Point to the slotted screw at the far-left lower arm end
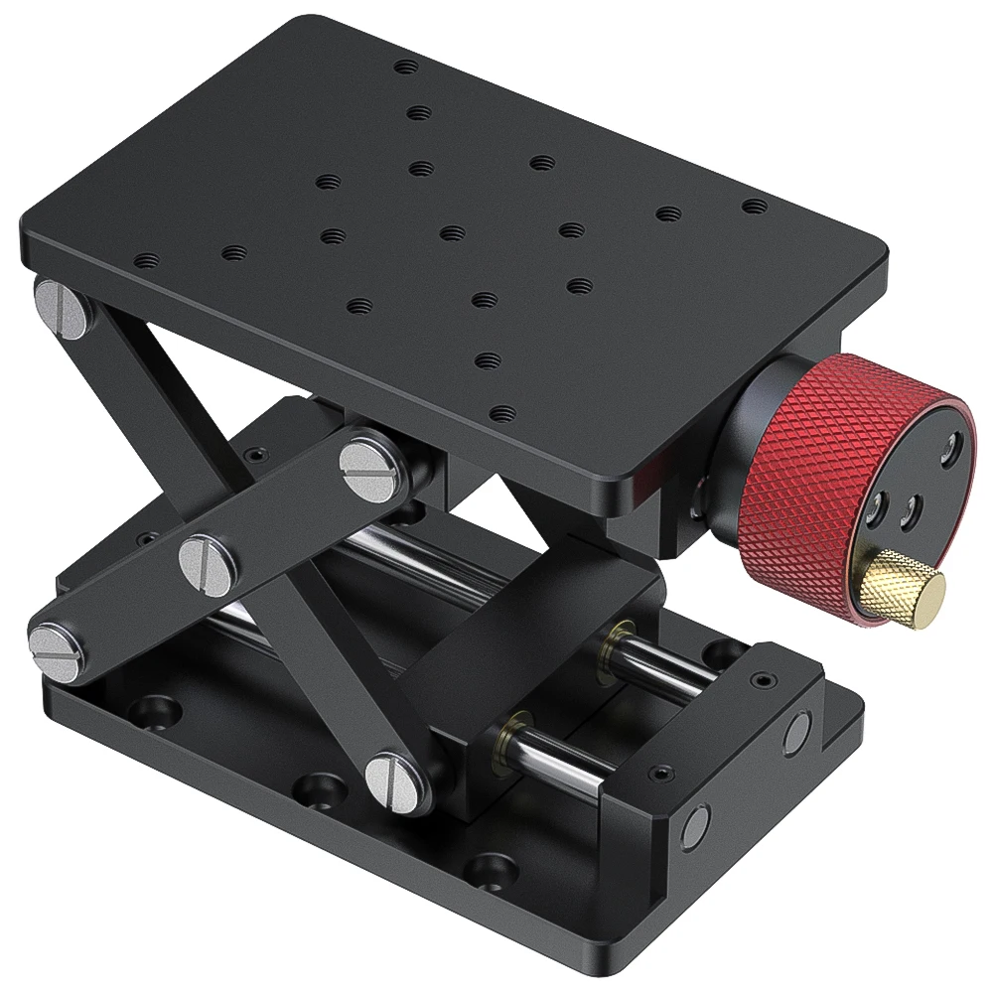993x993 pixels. click(54, 643)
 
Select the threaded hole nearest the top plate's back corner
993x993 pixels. click(405, 68)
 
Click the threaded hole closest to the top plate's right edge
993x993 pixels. click(755, 206)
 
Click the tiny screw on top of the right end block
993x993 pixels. click(761, 681)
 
